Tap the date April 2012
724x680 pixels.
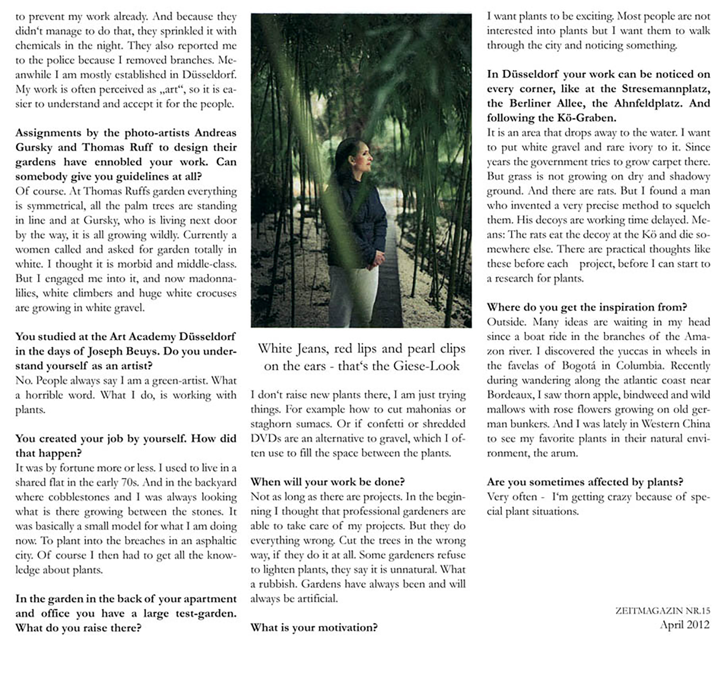click(x=684, y=625)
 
